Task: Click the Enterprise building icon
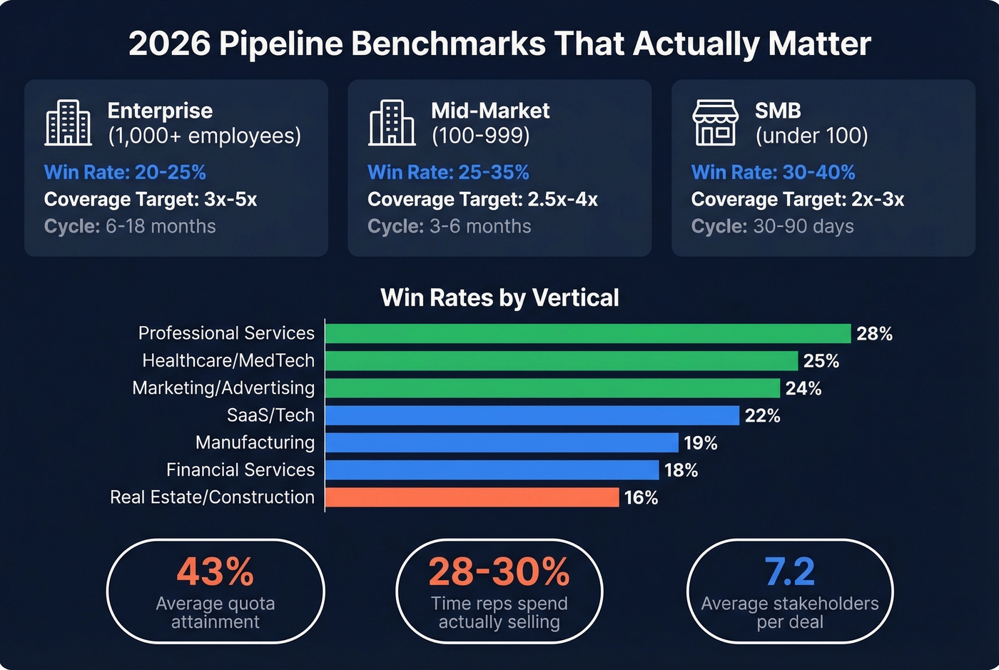tap(69, 123)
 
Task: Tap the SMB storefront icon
tap(714, 123)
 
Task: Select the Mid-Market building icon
tap(392, 123)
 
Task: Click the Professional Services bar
tap(587, 333)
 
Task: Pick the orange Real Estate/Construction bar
tap(472, 497)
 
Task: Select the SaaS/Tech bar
tap(532, 415)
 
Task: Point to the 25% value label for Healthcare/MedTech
tap(821, 361)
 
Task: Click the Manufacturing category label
tap(255, 442)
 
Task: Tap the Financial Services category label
tap(240, 469)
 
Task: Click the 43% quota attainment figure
tap(215, 572)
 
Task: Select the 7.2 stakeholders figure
tap(789, 572)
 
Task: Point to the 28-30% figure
tap(499, 572)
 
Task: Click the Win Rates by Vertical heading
tap(499, 298)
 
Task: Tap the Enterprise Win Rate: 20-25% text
tap(125, 172)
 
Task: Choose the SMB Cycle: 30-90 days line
tap(772, 226)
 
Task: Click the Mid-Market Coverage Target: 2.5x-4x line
tap(482, 199)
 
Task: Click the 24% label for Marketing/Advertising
tap(803, 388)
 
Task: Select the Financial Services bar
tap(492, 470)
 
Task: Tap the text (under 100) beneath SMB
tap(811, 136)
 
